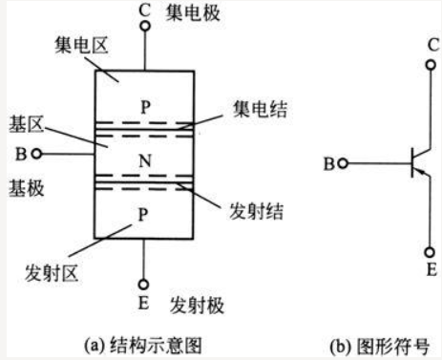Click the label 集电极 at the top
pyautogui.click(x=193, y=13)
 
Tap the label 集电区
pyautogui.click(x=81, y=45)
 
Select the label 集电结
pyautogui.click(x=260, y=109)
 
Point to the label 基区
pyautogui.click(x=26, y=124)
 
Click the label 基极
pyautogui.click(x=26, y=188)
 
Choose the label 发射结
pyautogui.click(x=256, y=211)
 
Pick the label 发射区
pyautogui.click(x=52, y=273)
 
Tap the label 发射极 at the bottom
pyautogui.click(x=197, y=306)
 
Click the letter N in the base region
pyautogui.click(x=145, y=160)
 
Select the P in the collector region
pyautogui.click(x=145, y=107)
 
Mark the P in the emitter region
pyautogui.click(x=143, y=215)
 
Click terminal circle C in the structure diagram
pyautogui.click(x=145, y=26)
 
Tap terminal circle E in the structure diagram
pyautogui.click(x=143, y=285)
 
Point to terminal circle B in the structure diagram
pyautogui.click(x=37, y=154)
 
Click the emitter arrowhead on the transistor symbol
pyautogui.click(x=421, y=171)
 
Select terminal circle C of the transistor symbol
pyautogui.click(x=431, y=65)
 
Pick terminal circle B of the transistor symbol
pyautogui.click(x=343, y=163)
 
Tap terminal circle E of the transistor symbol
pyautogui.click(x=430, y=252)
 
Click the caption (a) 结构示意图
pyautogui.click(x=143, y=346)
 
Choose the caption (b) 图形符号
pyautogui.click(x=380, y=347)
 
